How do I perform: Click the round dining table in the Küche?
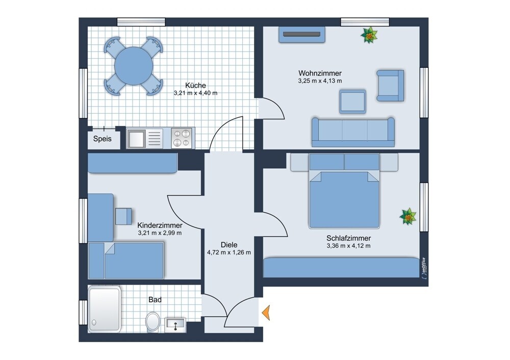(x=134, y=66)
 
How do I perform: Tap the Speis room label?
(x=103, y=139)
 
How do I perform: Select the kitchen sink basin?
(x=136, y=138)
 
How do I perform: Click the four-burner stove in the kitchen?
(x=182, y=138)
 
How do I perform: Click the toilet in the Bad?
(x=152, y=322)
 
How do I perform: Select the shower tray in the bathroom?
(x=105, y=310)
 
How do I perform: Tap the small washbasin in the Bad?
(x=175, y=325)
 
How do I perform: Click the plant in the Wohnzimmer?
(x=369, y=35)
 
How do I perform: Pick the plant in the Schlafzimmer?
(x=408, y=216)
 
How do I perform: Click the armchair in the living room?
(x=390, y=86)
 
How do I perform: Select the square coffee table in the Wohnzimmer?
(x=352, y=102)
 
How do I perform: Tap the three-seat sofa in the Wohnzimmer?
(x=353, y=132)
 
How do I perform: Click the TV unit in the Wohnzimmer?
(x=302, y=35)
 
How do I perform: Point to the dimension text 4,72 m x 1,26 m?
(x=229, y=252)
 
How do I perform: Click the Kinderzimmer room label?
(x=160, y=225)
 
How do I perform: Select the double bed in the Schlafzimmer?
(x=344, y=191)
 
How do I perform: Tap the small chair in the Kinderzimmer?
(x=123, y=216)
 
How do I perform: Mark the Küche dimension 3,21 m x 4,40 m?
(x=195, y=93)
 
